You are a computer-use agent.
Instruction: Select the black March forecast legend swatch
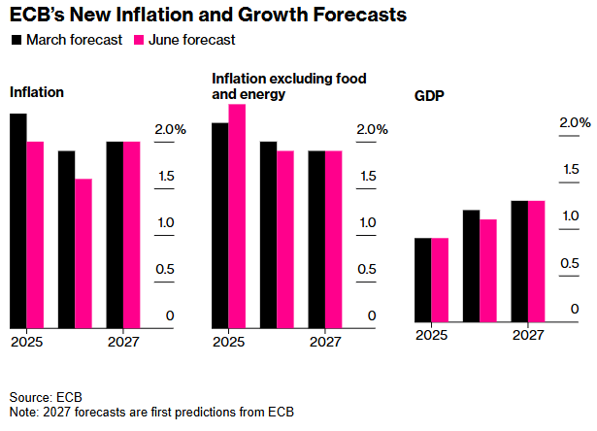pos(17,40)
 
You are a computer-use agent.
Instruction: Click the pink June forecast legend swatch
pos(138,40)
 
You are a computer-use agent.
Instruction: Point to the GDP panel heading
pos(429,98)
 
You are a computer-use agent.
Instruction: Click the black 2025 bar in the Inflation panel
pos(17,220)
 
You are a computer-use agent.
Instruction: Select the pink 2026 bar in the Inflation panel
pos(83,253)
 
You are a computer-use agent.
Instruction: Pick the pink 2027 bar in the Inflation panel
pos(132,235)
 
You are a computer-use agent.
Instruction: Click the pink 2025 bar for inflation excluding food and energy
pos(237,215)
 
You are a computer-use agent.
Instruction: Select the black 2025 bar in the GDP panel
pos(422,279)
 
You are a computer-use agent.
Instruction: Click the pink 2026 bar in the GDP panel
pos(488,270)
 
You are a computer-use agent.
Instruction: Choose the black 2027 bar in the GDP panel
pos(519,260)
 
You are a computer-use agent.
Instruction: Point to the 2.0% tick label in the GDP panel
pos(575,122)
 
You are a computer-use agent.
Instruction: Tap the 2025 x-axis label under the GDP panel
pos(431,335)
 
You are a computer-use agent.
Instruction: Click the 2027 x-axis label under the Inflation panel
pos(123,342)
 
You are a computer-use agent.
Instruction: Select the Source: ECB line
pos(46,398)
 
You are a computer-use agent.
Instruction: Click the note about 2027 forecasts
pos(151,413)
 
